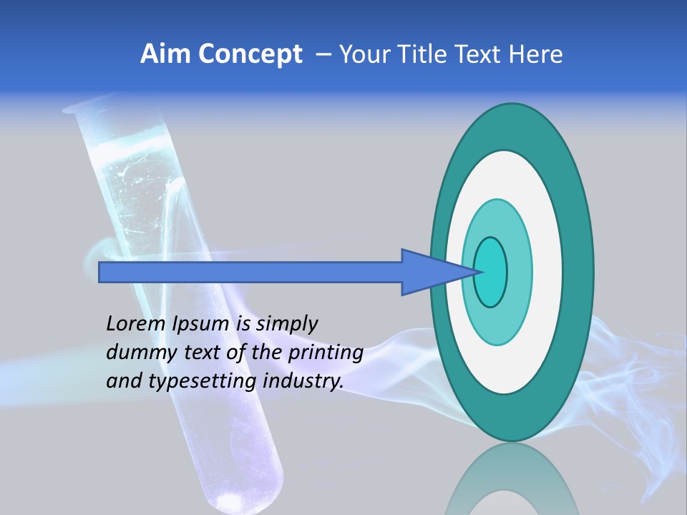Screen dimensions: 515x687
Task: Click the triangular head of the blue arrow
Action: pyautogui.click(x=429, y=272)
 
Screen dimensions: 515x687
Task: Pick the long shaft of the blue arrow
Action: pyautogui.click(x=250, y=272)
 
